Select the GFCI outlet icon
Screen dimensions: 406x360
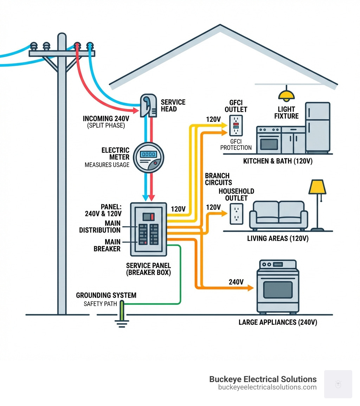tap(236, 125)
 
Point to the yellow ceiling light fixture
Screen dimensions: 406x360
tap(287, 95)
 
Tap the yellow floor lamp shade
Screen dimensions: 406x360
tap(317, 187)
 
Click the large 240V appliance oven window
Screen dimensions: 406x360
tap(278, 289)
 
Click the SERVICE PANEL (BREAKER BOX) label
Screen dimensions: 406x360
tap(148, 269)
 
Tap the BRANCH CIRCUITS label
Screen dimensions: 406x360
tap(218, 179)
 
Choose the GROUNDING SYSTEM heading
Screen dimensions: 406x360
tap(106, 295)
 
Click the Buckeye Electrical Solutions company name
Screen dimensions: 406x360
tap(263, 379)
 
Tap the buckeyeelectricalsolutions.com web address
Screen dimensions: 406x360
tap(267, 387)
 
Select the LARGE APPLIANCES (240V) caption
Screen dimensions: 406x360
tap(278, 322)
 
